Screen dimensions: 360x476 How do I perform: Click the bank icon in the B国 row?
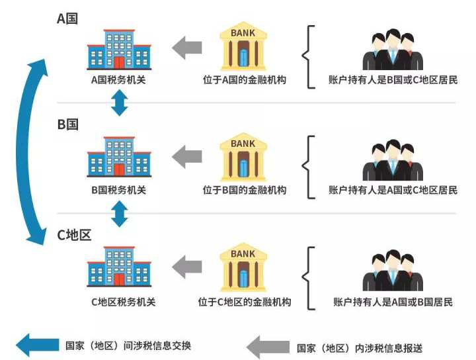click(x=243, y=157)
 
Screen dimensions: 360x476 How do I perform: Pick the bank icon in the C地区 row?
click(x=243, y=268)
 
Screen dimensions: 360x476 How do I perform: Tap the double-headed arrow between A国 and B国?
click(x=119, y=103)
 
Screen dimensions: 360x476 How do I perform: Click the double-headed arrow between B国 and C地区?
click(x=119, y=213)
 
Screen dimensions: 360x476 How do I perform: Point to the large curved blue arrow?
click(x=33, y=152)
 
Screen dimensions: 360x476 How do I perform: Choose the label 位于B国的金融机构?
click(x=245, y=190)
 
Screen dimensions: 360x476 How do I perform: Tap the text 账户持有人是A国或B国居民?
click(x=393, y=302)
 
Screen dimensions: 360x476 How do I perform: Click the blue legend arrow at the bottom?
click(x=36, y=345)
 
